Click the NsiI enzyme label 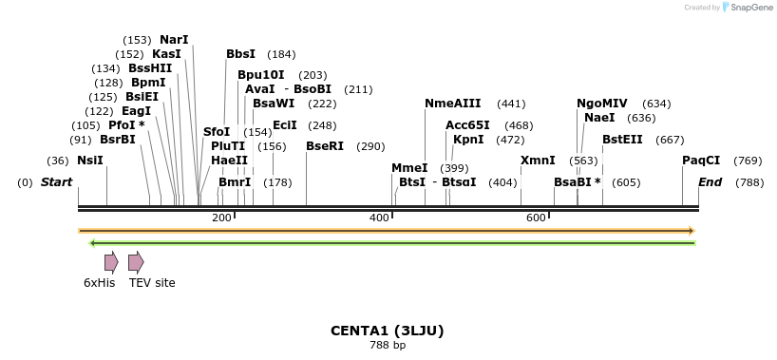pos(90,161)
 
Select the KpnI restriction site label pos(468,140)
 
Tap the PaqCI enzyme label pos(701,161)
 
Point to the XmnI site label pos(538,161)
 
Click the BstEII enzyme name pos(622,140)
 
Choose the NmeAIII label pos(453,104)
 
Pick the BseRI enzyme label pos(325,146)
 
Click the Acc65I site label pos(467,125)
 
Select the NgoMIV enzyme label pos(602,104)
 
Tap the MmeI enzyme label pos(409,168)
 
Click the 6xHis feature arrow pos(111,262)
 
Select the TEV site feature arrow pos(136,262)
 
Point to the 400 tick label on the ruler pos(379,218)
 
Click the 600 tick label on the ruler pos(536,218)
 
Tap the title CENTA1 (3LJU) pos(387,331)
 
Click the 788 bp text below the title pos(387,345)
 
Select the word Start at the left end pos(56,181)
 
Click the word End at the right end pos(711,181)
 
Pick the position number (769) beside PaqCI pos(748,161)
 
